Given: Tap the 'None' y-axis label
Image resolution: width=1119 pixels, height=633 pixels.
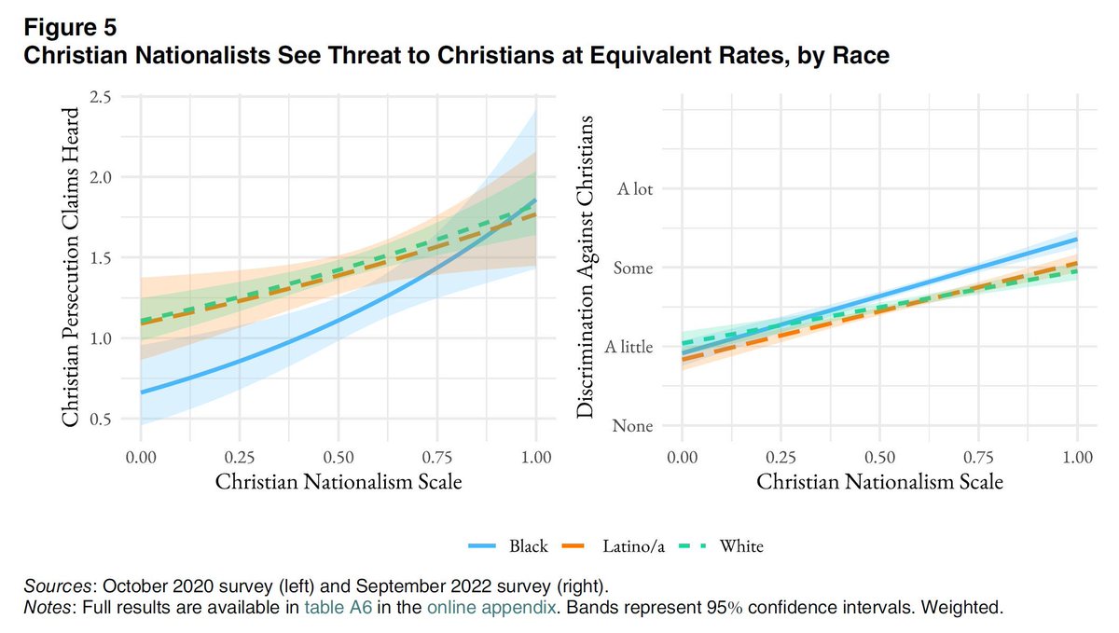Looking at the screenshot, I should point(633,426).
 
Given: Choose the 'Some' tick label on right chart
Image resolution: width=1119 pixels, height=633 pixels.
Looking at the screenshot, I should point(633,268).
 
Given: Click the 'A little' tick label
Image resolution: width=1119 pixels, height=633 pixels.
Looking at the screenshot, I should point(629,347).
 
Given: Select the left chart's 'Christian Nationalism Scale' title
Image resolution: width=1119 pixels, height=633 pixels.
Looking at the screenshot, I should point(338,482).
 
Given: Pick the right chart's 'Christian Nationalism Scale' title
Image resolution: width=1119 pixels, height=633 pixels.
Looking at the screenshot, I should point(879,482).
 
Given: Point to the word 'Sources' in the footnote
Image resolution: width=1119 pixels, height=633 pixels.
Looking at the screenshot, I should point(58,586).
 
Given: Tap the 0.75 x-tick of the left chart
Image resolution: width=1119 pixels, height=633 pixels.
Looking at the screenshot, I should point(437,458).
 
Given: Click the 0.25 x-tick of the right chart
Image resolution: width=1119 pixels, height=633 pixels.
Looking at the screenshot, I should point(781,458).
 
